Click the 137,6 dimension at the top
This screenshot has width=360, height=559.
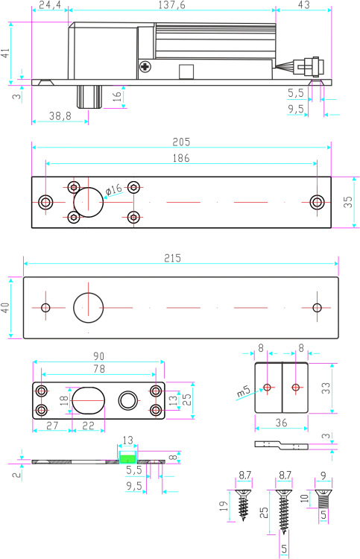pyautogui.click(x=172, y=4)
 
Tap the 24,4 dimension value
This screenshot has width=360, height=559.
pyautogui.click(x=50, y=4)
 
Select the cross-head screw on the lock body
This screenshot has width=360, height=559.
pyautogui.click(x=145, y=66)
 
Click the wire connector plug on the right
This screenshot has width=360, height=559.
pyautogui.click(x=309, y=66)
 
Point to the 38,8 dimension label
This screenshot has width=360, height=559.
pyautogui.click(x=60, y=116)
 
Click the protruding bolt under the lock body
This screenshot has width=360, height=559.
pyautogui.click(x=89, y=96)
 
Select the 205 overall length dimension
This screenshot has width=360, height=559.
pyautogui.click(x=181, y=142)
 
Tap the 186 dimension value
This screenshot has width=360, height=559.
pyautogui.click(x=181, y=158)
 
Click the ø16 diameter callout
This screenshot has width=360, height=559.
pyautogui.click(x=114, y=189)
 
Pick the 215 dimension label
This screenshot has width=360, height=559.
pyautogui.click(x=172, y=258)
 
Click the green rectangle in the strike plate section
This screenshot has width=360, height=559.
pyautogui.click(x=127, y=458)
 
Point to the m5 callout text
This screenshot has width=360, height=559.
pyautogui.click(x=244, y=391)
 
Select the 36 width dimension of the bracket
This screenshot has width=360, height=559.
pyautogui.click(x=281, y=423)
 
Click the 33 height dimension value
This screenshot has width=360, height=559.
pyautogui.click(x=326, y=388)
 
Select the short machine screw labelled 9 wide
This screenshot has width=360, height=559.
pyautogui.click(x=323, y=499)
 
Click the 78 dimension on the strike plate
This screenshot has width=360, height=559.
pyautogui.click(x=99, y=369)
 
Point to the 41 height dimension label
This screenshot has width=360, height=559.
pyautogui.click(x=5, y=53)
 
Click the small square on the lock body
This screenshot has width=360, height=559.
pyautogui.click(x=186, y=72)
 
